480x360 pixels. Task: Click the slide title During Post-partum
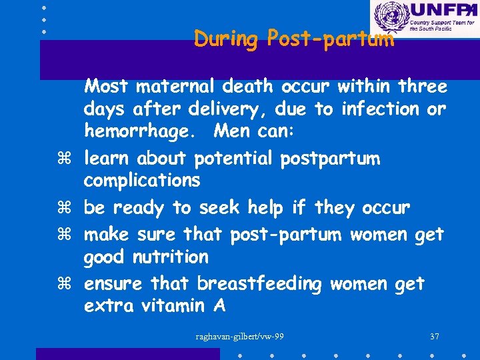(294, 39)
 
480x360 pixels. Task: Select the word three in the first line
(422, 86)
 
